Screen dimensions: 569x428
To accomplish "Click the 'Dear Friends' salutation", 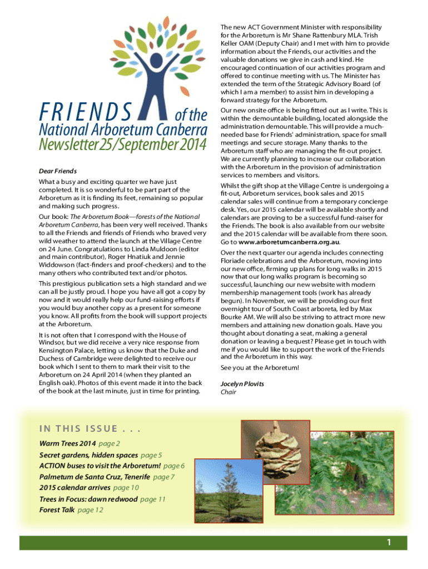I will [58, 171].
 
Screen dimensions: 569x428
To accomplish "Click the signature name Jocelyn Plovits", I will [242, 384].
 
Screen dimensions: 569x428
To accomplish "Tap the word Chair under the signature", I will [228, 392].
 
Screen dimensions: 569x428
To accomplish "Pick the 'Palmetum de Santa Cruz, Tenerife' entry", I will [95, 477].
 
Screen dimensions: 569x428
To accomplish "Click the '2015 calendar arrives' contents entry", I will [74, 488].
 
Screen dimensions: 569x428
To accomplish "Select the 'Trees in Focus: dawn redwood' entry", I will [89, 499].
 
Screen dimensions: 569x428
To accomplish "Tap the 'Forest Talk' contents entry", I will [57, 510].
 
